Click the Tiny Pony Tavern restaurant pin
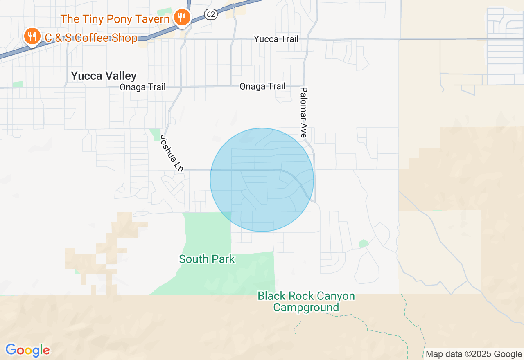click(x=181, y=17)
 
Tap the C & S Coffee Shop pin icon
click(x=32, y=36)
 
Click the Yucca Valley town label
click(x=104, y=76)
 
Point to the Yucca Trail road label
click(x=276, y=39)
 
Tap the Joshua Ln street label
click(x=171, y=153)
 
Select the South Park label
click(x=207, y=259)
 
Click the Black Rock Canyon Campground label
click(x=306, y=301)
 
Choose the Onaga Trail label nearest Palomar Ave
click(x=262, y=86)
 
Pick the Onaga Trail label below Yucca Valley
click(x=142, y=87)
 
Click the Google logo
click(x=27, y=351)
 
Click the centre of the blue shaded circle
click(x=262, y=180)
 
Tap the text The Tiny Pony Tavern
click(x=115, y=19)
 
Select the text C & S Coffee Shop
click(x=91, y=38)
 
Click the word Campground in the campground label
click(x=306, y=307)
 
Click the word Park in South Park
click(x=223, y=259)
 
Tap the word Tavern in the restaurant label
click(x=154, y=19)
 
